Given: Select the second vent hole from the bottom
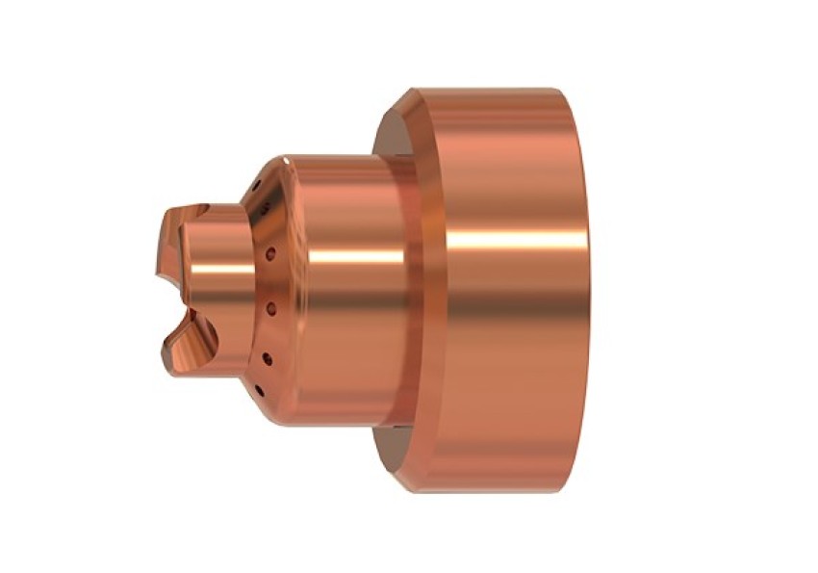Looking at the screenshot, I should point(267,358).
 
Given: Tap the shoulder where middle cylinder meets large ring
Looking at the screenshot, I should point(416,289).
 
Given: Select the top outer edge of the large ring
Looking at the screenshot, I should point(491,90).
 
